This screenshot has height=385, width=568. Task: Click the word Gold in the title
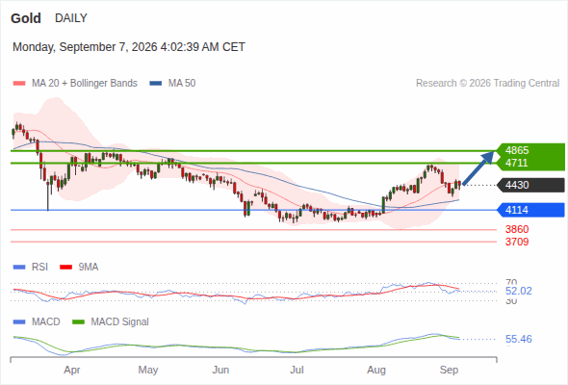click(x=26, y=18)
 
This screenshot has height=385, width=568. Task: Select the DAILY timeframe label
click(x=71, y=18)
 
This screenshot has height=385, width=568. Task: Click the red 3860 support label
click(x=517, y=229)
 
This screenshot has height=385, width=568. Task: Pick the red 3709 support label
click(x=517, y=242)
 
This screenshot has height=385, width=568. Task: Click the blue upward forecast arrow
click(x=478, y=168)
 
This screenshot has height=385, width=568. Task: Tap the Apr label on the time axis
click(x=72, y=371)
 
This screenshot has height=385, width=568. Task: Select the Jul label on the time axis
click(x=297, y=371)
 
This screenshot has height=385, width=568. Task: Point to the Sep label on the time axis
click(x=449, y=371)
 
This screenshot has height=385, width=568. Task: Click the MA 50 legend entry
click(x=172, y=84)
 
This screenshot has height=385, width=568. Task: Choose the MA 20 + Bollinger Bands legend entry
click(x=75, y=84)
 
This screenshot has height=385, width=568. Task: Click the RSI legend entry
click(x=30, y=268)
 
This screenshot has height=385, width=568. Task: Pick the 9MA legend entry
click(x=79, y=268)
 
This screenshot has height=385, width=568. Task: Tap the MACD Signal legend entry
click(x=111, y=322)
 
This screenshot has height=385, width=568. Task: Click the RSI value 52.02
click(x=519, y=292)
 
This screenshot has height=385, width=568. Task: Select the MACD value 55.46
click(x=519, y=340)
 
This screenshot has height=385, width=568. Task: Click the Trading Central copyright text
click(x=487, y=84)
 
